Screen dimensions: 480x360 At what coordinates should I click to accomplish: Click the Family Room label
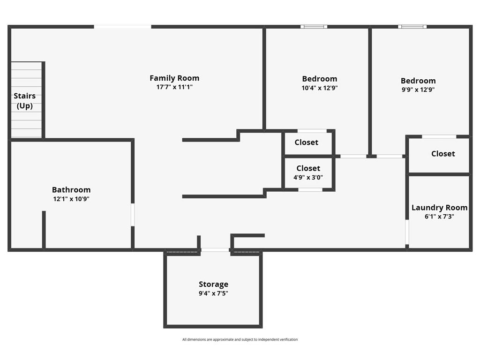point(174,78)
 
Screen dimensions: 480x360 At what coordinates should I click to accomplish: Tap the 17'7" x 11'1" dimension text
point(174,87)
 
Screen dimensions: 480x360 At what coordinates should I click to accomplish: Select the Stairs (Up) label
point(24,101)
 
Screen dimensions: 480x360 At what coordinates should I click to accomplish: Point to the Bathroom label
point(71,190)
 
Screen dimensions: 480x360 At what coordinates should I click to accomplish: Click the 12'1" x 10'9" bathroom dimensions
point(71,199)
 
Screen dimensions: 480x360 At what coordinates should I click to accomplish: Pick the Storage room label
point(213,285)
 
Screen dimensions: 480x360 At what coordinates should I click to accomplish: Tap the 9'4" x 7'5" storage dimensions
point(213,293)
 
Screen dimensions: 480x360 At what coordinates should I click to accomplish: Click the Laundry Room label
point(439,208)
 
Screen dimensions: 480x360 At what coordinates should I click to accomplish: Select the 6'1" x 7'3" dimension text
point(439,217)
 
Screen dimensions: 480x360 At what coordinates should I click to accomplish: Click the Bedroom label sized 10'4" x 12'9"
point(320,79)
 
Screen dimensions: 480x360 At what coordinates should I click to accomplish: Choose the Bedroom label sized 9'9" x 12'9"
point(418,81)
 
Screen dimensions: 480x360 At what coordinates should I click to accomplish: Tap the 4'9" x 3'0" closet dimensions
point(308,177)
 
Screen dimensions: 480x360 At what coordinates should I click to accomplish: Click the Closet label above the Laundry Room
point(443,154)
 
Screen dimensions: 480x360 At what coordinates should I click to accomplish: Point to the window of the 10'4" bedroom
point(314,27)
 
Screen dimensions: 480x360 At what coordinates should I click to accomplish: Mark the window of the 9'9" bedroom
point(412,27)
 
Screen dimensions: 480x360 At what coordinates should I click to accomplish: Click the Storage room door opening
point(215,250)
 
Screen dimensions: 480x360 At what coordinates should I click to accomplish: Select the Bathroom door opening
point(133,215)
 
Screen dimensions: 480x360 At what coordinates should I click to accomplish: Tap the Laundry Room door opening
point(407,232)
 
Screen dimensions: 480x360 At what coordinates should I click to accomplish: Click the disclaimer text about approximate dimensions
point(240,339)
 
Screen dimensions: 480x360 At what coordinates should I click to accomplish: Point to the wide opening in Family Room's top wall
point(122,27)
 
